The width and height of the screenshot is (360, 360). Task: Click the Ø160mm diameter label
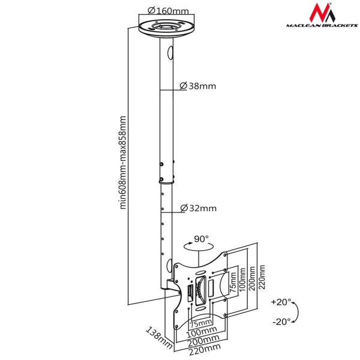[166, 10]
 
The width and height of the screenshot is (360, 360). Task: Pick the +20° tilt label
[281, 301]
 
